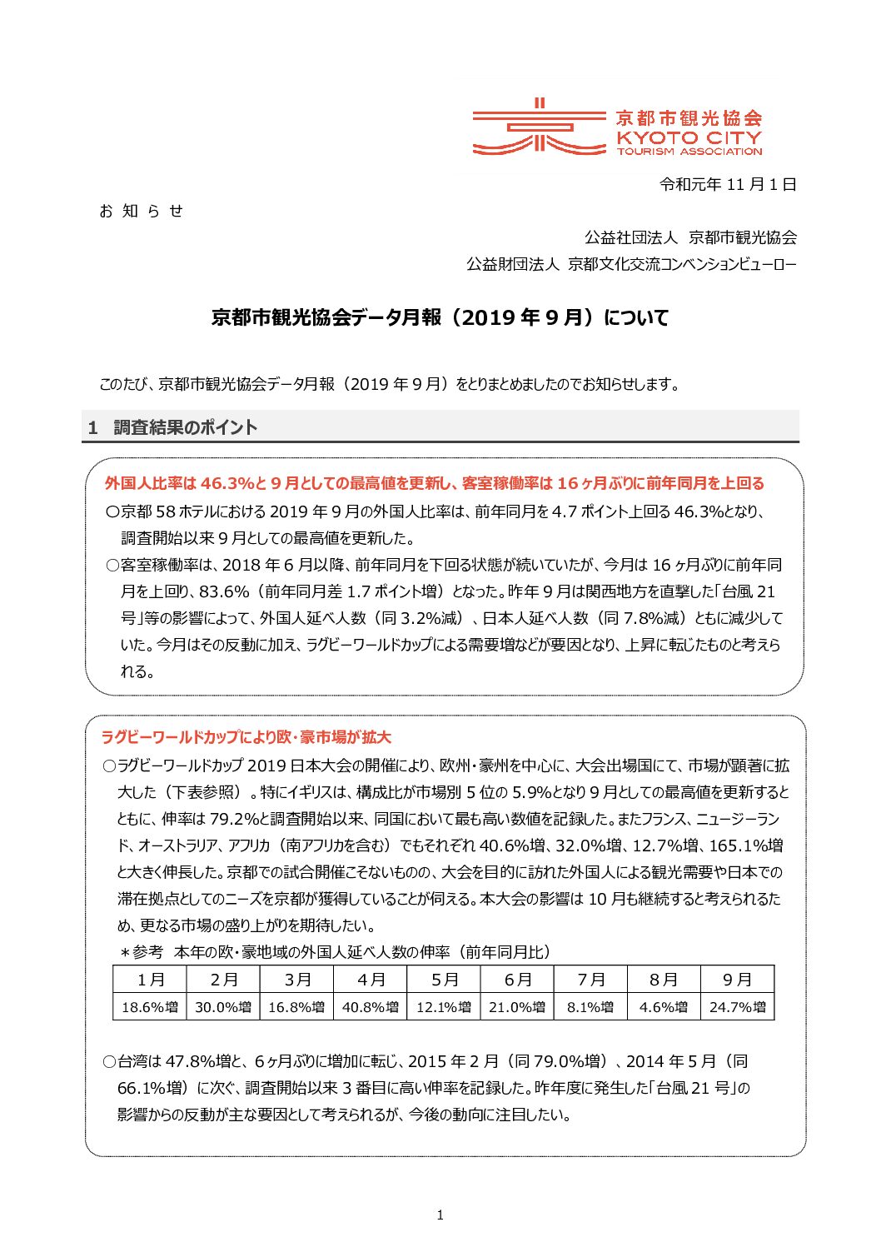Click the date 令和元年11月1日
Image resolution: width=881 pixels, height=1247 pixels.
(727, 184)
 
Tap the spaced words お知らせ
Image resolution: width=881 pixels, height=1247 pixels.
(141, 211)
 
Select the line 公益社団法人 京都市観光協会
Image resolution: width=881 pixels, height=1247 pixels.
(690, 237)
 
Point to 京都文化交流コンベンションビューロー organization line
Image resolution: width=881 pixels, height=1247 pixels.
(631, 264)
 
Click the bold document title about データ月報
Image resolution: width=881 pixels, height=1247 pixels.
(440, 317)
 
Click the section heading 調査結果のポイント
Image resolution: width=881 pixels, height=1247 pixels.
(185, 427)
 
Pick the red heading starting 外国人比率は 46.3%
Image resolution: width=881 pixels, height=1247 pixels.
(434, 483)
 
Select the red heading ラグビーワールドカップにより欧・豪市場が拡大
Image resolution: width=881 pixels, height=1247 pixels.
(246, 737)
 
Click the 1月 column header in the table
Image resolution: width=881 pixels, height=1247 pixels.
(150, 980)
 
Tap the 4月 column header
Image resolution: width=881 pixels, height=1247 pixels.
(371, 980)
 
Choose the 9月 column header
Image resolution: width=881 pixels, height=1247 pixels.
(737, 980)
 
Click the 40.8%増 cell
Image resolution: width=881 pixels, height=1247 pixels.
(371, 1007)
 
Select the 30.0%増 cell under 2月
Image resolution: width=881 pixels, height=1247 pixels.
(223, 1007)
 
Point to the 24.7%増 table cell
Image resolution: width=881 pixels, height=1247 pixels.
(737, 1007)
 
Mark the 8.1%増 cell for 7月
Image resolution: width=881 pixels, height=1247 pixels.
(590, 1007)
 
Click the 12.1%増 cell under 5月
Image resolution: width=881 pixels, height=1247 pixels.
(444, 1007)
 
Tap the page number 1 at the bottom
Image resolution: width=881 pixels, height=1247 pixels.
(440, 1215)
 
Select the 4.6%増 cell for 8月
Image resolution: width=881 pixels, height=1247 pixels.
(664, 1007)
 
